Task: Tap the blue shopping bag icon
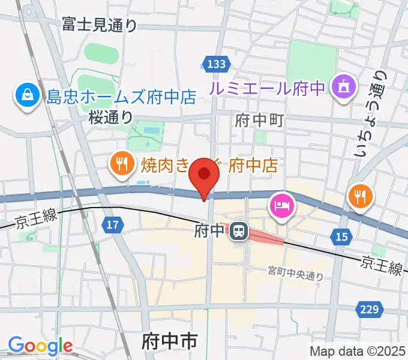click(x=28, y=95)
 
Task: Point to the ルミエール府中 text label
click(x=268, y=89)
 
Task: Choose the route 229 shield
click(x=370, y=309)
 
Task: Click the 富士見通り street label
click(x=100, y=25)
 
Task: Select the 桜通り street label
click(x=110, y=118)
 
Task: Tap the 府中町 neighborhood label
click(x=259, y=120)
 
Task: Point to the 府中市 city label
click(x=170, y=343)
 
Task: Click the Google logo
click(x=40, y=346)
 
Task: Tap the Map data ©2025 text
click(x=358, y=352)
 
